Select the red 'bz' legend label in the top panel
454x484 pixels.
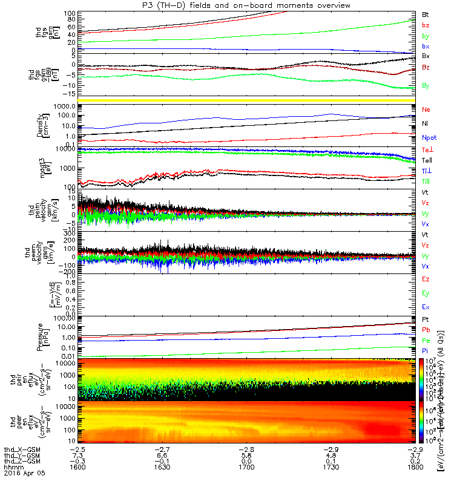point(426,25)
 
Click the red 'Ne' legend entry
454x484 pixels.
point(426,110)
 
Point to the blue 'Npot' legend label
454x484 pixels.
point(429,138)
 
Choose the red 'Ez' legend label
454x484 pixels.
point(426,279)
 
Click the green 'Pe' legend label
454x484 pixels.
point(426,341)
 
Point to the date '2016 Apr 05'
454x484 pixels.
point(22,474)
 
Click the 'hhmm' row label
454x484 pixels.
point(12,468)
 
